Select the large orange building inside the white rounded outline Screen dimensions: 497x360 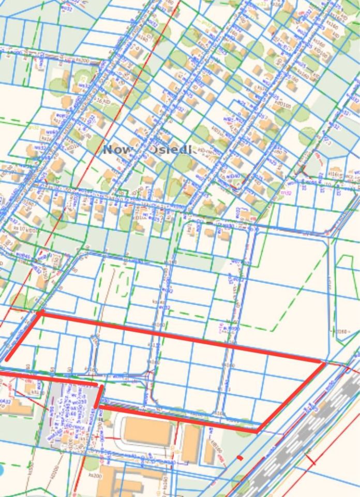(x=147, y=432)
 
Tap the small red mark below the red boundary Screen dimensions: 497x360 (x=239, y=458)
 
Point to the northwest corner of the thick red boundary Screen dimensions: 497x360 (x=39, y=313)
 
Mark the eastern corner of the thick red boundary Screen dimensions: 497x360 (x=324, y=363)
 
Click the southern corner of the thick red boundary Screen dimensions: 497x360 (x=257, y=430)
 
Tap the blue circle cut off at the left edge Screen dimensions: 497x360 (x=2, y=471)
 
